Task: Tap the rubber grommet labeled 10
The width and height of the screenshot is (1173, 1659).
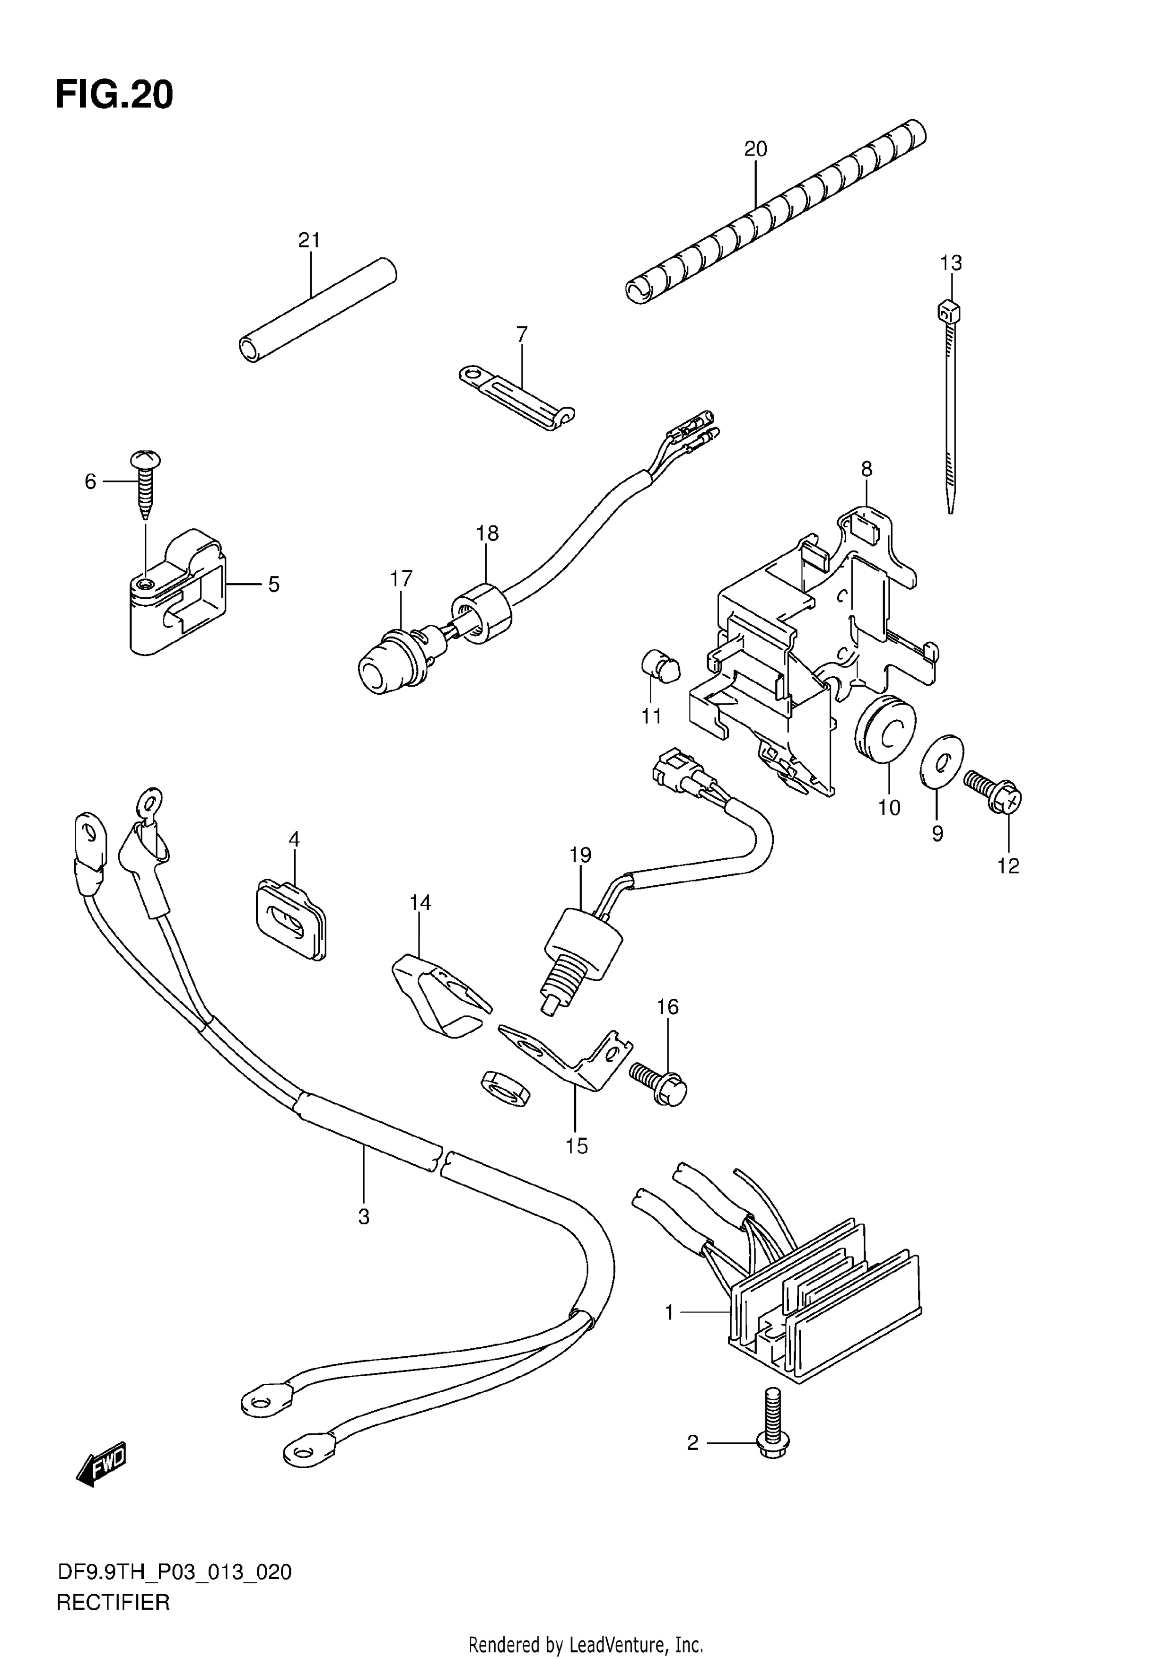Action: click(x=885, y=728)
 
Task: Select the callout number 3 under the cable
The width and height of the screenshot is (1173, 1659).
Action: click(x=364, y=1217)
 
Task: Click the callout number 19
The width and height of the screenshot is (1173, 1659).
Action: click(x=579, y=855)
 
